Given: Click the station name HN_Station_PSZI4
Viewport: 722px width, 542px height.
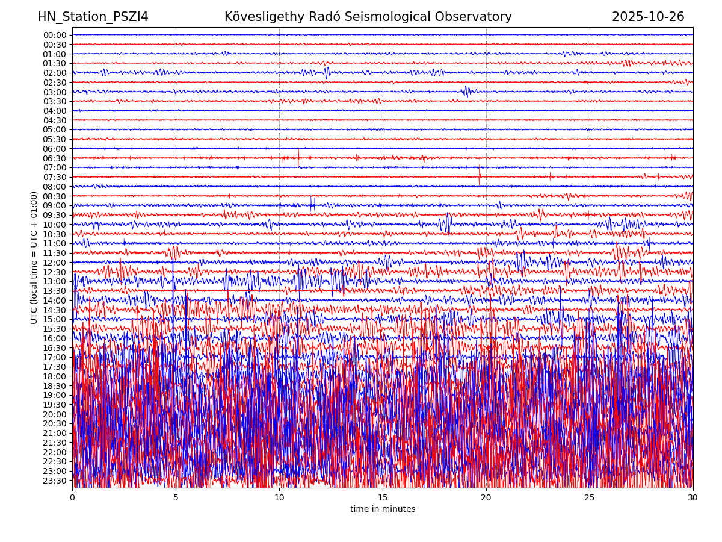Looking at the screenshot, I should (93, 17).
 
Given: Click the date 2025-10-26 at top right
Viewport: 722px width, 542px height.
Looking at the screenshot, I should (648, 17).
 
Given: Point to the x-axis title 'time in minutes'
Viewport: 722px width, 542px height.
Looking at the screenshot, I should (383, 509).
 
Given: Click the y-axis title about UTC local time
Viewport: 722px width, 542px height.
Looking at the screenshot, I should (34, 257).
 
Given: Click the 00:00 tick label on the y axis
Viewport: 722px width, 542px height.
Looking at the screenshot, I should (55, 35).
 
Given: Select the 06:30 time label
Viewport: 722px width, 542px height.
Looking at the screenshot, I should (55, 158).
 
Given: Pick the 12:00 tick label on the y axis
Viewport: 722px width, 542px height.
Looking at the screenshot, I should (55, 263).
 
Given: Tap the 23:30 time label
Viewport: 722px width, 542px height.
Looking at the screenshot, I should (55, 481).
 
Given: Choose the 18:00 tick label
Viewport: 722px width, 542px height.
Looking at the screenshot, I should (55, 376).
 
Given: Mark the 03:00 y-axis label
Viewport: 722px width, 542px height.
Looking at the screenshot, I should (55, 92).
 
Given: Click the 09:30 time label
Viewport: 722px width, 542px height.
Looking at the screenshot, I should (55, 215).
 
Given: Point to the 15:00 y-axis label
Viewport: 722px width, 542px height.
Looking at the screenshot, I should (55, 320).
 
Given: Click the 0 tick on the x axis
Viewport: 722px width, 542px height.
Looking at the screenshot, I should (72, 498).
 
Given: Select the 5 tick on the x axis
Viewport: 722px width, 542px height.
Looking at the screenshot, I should (176, 498).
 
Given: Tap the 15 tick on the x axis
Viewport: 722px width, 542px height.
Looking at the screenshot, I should (383, 498).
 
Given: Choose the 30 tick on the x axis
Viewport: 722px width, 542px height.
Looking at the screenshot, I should (693, 498).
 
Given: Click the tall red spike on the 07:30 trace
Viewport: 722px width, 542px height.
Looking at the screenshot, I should (480, 176).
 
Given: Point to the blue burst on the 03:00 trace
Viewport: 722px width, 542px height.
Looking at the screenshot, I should (466, 92).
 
